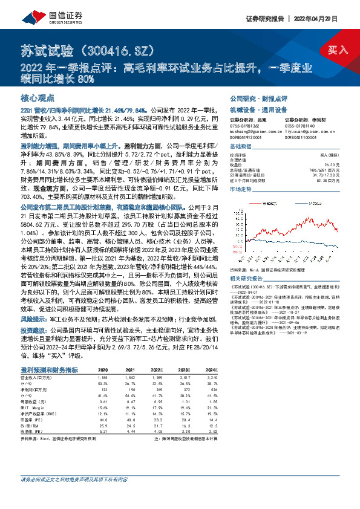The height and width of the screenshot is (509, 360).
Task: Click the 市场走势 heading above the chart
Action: click(x=240, y=189)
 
